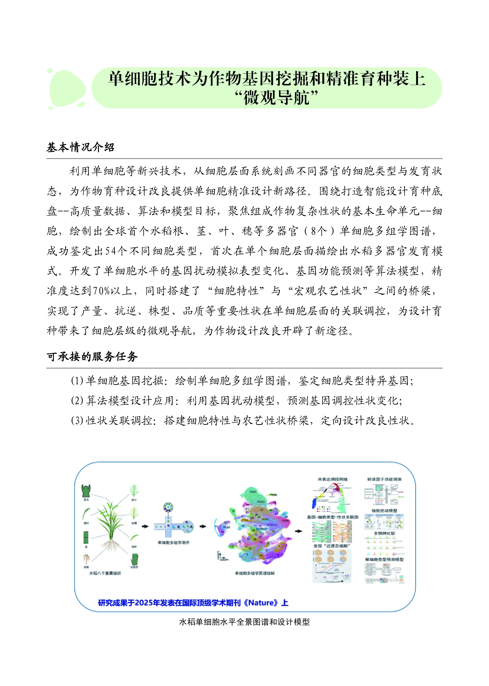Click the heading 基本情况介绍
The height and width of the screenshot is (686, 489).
tap(80, 147)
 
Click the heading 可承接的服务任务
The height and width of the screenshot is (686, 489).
tap(92, 356)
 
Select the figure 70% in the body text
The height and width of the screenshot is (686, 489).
tap(101, 291)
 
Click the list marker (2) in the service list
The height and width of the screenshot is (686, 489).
tap(77, 400)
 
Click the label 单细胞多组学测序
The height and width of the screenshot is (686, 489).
tap(174, 542)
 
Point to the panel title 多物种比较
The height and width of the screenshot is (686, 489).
tap(384, 533)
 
